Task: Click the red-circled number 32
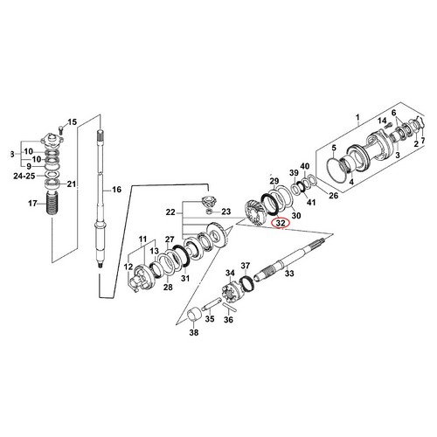coord(281,224)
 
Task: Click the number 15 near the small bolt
coord(73,121)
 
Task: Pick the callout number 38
coord(193,333)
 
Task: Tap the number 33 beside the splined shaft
coord(290,274)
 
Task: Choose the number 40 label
coord(304,166)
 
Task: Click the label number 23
coord(226,212)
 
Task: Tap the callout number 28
coord(168,287)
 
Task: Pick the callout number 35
coord(209,320)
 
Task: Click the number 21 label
coord(73,184)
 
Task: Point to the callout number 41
coord(310,203)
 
